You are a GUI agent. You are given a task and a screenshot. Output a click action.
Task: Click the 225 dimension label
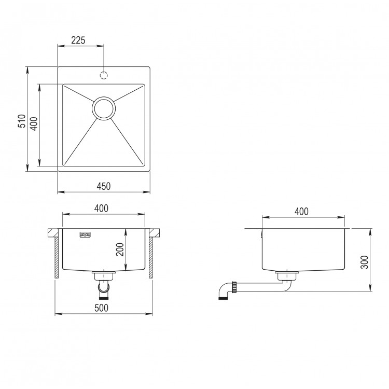[x=78, y=40]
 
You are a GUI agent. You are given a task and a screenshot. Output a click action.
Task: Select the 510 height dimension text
[x=22, y=121]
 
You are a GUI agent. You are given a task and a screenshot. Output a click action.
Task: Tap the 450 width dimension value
[x=103, y=186]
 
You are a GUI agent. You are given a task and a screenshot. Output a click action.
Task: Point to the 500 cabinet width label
[x=101, y=308]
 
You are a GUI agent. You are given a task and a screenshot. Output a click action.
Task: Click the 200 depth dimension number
[x=120, y=249]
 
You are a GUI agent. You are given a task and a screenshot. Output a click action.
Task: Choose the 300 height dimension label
[x=365, y=262]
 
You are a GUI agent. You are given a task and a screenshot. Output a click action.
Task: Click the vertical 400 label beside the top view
[x=34, y=124]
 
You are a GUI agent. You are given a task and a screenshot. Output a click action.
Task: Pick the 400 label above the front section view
[x=101, y=209]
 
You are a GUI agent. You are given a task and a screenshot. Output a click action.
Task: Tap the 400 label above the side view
[x=301, y=212]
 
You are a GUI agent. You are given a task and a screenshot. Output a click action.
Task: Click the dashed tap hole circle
[x=104, y=75]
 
